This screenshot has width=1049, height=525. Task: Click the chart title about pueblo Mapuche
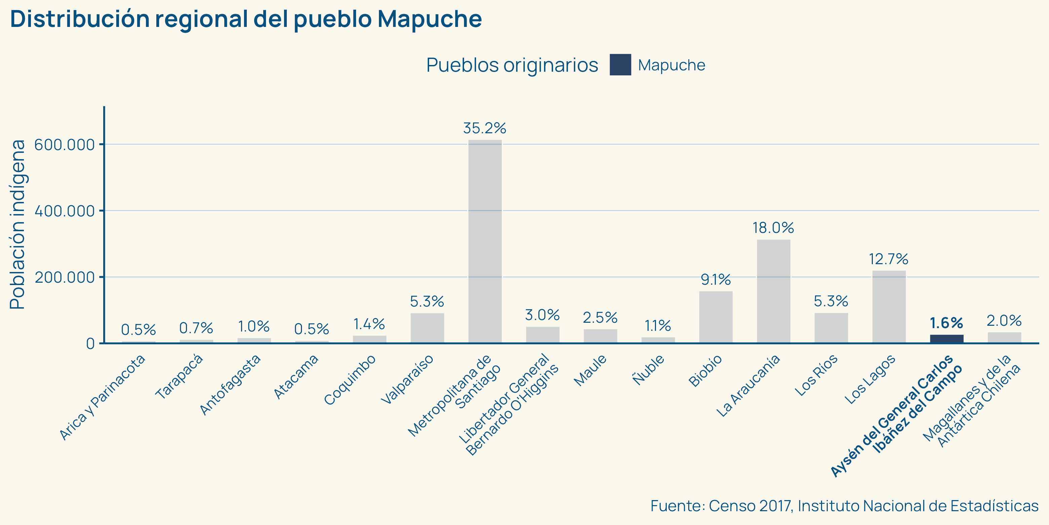[246, 19]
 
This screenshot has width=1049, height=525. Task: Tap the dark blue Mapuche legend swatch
[620, 65]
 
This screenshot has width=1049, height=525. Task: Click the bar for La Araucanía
[773, 291]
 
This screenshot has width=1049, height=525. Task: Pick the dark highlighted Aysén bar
[946, 339]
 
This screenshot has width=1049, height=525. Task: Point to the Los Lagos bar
[889, 307]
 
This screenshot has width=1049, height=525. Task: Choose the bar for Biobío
[715, 317]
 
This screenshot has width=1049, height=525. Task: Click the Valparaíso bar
[427, 328]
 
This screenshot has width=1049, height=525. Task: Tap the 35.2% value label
[484, 129]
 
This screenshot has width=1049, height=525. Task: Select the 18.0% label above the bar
[773, 228]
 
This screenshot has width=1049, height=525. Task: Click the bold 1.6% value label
[946, 323]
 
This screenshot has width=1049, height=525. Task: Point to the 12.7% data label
[889, 259]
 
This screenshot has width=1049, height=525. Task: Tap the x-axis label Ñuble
[648, 370]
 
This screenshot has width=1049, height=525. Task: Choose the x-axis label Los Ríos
[816, 375]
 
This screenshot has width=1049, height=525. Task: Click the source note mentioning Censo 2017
[844, 506]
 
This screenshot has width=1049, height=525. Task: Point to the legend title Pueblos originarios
[512, 65]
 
